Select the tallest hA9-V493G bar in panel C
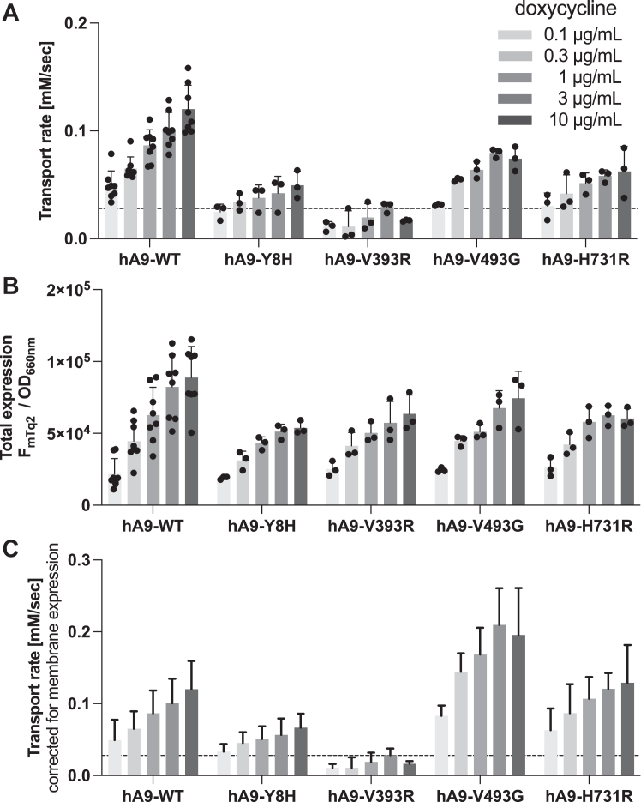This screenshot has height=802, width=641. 500,700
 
